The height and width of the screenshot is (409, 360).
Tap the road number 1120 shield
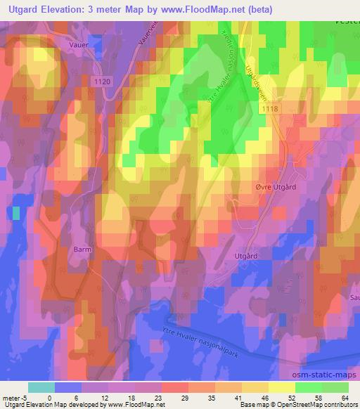[102, 82]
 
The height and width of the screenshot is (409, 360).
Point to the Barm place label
[83, 249]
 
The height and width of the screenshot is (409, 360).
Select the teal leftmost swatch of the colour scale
[41, 387]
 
